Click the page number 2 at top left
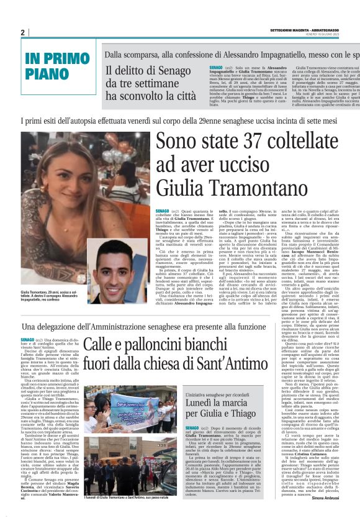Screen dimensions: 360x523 (x=22, y=32)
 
